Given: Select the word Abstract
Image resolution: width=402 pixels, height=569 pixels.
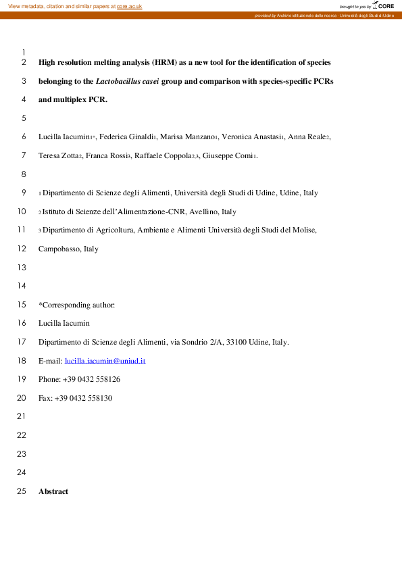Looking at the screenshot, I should [x=53, y=491].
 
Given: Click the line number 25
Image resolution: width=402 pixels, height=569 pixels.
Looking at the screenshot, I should [x=20, y=491].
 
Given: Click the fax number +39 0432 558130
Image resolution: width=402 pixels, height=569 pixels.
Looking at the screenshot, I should [x=83, y=398].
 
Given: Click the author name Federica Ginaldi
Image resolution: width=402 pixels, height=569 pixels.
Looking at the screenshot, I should [x=128, y=137].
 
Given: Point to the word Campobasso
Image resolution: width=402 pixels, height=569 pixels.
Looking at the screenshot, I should [x=59, y=249].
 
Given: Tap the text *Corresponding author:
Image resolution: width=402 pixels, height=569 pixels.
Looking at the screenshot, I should [x=76, y=305].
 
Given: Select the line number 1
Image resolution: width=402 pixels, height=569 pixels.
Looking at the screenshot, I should [x=24, y=52].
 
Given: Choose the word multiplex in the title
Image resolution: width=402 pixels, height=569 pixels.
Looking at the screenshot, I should [x=70, y=99].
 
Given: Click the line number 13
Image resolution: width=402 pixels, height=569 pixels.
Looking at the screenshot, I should [x=20, y=268].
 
